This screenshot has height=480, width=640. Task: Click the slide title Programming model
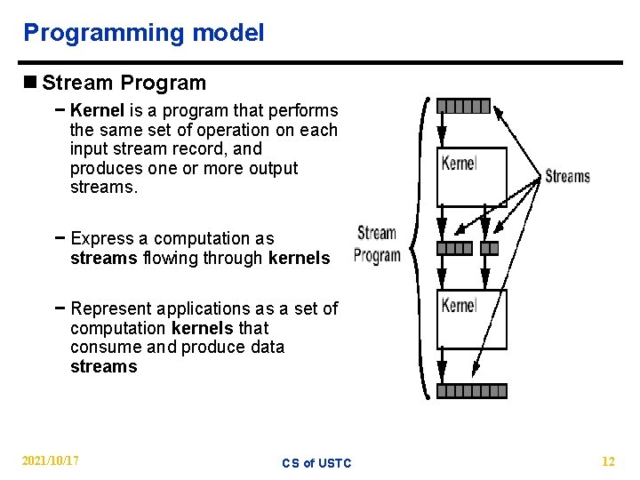click(x=143, y=34)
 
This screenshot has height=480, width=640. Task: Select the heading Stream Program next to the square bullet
click(x=124, y=84)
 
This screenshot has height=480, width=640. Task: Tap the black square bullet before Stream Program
click(x=31, y=84)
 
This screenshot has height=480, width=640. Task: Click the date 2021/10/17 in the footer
click(x=51, y=460)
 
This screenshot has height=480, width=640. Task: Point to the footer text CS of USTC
click(x=316, y=463)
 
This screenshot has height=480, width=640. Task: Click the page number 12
click(x=608, y=461)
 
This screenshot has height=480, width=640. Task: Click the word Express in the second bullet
click(x=99, y=239)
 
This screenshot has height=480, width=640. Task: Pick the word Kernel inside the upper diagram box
click(x=459, y=163)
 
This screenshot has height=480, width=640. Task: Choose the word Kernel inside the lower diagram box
click(x=459, y=305)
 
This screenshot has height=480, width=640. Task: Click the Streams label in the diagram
click(x=567, y=176)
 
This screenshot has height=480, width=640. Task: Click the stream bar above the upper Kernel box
click(x=463, y=107)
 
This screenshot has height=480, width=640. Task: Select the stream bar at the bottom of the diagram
click(x=471, y=391)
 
